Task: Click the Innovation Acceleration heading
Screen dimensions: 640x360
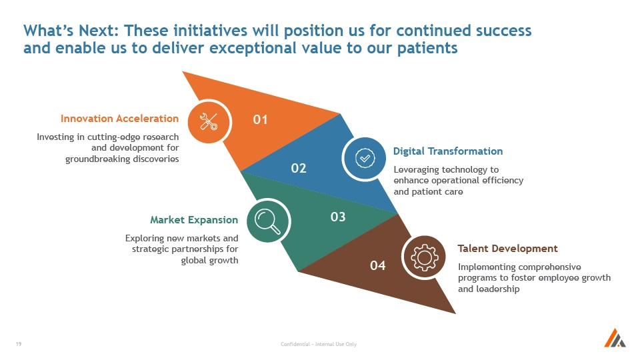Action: coord(119,119)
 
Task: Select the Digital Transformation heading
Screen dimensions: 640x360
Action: coord(448,151)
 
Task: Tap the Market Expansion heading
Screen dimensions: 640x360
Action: coord(194,220)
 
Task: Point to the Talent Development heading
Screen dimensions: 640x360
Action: coord(507,249)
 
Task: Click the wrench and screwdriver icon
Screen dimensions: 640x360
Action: coord(209,121)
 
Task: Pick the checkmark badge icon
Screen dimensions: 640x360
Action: coord(365,158)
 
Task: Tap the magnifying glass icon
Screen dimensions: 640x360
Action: coord(268,221)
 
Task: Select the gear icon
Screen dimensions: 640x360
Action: coord(425,257)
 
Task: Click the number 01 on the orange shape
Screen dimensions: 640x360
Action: coord(260,119)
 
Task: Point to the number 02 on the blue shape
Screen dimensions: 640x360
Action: coord(299,168)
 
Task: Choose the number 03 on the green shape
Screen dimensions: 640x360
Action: coord(338,217)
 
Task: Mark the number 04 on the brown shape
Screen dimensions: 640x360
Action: coord(377,266)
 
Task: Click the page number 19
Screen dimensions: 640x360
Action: coord(19,344)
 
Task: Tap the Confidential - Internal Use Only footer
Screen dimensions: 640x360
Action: coord(319,344)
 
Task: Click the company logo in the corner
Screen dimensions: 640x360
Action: coord(615,338)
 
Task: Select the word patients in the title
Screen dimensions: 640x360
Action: coord(427,48)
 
